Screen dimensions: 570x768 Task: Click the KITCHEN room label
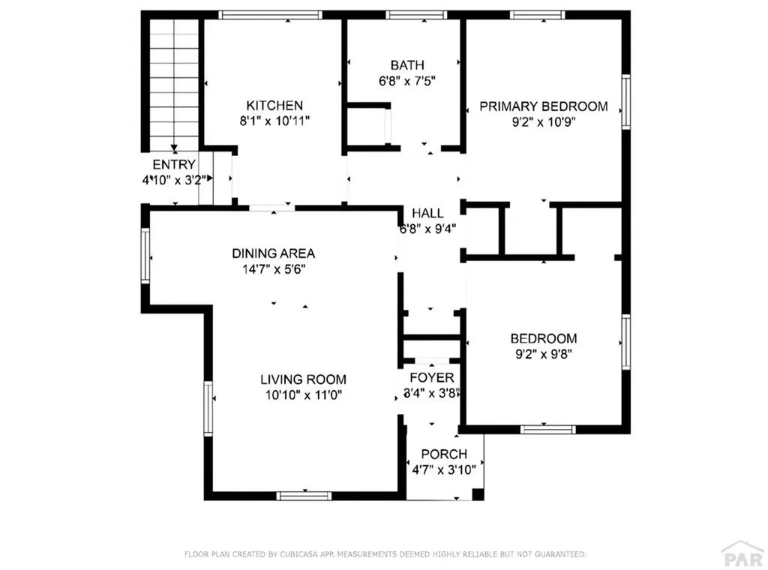tap(275, 106)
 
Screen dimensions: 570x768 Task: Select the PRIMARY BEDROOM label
tap(544, 106)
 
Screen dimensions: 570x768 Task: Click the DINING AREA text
tap(273, 253)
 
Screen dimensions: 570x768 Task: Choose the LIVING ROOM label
tap(303, 379)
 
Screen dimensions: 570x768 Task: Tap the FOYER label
tap(431, 377)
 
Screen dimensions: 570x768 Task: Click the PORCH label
tap(444, 454)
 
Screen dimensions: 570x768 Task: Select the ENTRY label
tap(174, 164)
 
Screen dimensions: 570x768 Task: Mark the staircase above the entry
tap(174, 82)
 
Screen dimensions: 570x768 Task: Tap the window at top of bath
tap(416, 14)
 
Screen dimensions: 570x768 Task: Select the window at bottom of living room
tap(304, 495)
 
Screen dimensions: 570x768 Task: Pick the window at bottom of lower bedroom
tap(547, 429)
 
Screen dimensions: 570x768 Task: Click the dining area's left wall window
tap(146, 256)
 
